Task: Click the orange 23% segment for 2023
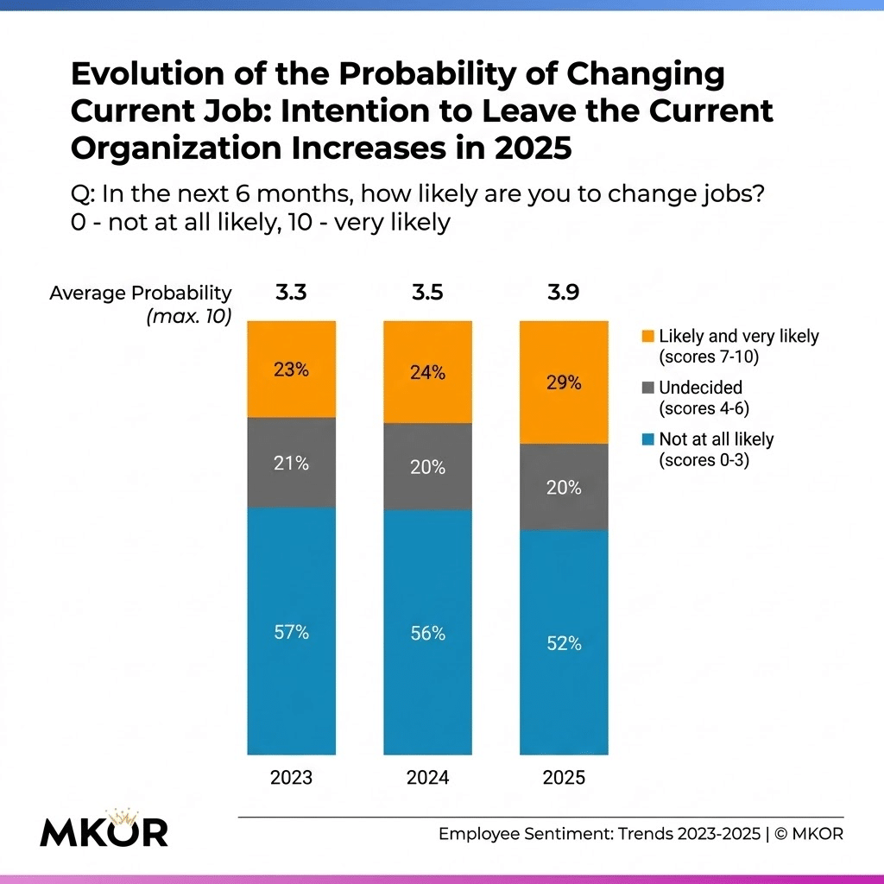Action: tap(291, 369)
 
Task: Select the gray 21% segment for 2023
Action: tap(291, 463)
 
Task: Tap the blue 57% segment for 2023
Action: tap(291, 631)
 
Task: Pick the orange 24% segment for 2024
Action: tap(427, 372)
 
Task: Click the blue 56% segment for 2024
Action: tap(427, 633)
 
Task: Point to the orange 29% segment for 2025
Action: tap(563, 382)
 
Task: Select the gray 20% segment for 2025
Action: tap(563, 487)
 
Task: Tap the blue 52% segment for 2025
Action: tap(563, 643)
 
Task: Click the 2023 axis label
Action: tap(291, 777)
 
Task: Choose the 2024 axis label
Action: tap(427, 777)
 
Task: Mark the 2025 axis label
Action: tap(563, 777)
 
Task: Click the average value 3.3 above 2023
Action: tap(291, 294)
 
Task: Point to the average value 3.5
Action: tap(427, 294)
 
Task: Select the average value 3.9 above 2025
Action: tap(563, 294)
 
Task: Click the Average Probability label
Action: tap(141, 294)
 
